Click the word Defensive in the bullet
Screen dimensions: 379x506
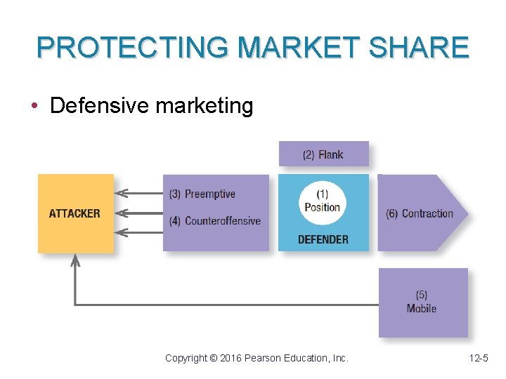click(99, 106)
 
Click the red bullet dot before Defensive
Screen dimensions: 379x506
click(34, 107)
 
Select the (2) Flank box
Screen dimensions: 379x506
click(323, 154)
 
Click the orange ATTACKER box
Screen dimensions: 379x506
click(75, 213)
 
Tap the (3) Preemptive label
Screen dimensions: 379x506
click(202, 194)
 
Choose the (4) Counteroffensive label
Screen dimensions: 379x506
click(214, 221)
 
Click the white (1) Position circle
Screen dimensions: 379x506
click(323, 201)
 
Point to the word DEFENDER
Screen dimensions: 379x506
click(323, 239)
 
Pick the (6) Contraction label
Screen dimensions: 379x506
click(420, 213)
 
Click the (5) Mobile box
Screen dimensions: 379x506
click(422, 302)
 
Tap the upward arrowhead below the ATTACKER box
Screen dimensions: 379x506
click(75, 260)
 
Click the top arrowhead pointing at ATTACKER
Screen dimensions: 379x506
click(121, 193)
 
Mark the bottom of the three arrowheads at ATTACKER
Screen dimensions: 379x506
click(121, 232)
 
